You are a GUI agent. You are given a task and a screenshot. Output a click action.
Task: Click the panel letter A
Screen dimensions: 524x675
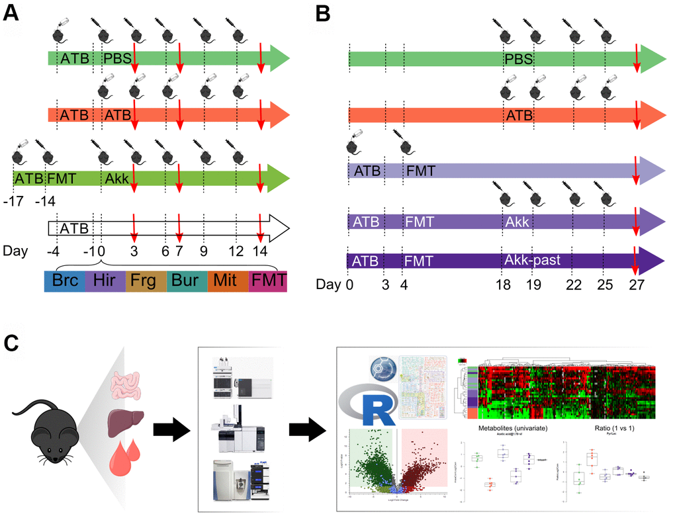pyautogui.click(x=11, y=13)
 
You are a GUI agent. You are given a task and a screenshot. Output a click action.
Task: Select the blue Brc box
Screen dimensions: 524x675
pyautogui.click(x=64, y=281)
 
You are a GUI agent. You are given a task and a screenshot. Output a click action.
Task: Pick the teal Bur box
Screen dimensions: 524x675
pyautogui.click(x=187, y=281)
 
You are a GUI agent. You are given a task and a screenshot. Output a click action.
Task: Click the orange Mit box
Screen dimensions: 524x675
pyautogui.click(x=228, y=281)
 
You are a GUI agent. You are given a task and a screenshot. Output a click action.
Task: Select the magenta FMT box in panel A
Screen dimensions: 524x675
pyautogui.click(x=268, y=281)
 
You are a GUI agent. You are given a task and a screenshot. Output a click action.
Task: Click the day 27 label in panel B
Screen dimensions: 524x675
pyautogui.click(x=636, y=284)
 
